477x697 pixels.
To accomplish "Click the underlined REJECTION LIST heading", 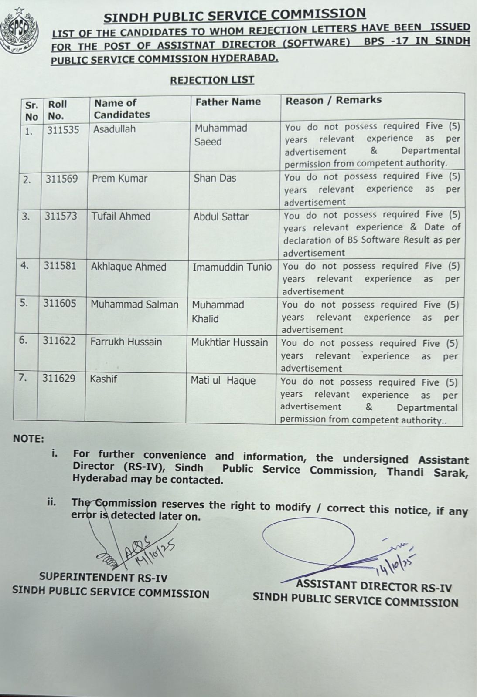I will click(212, 80).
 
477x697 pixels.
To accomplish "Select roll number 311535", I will click(63, 130).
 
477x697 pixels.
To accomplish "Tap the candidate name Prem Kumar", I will click(119, 179).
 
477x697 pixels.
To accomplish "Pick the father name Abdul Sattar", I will click(221, 217).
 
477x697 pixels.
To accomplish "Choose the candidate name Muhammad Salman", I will click(134, 305).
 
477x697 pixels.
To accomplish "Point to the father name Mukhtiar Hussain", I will click(229, 342).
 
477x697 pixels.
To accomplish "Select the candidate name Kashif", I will click(103, 379).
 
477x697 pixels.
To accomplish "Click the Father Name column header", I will click(228, 102).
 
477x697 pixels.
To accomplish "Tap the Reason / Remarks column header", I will click(334, 100).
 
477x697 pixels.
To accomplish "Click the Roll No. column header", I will click(57, 110).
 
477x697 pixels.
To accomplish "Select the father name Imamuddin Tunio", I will click(232, 267).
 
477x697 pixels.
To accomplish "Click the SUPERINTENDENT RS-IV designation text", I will click(103, 577).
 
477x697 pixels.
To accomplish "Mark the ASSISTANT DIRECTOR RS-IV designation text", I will click(374, 586).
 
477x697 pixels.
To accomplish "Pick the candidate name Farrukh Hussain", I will click(126, 342).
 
